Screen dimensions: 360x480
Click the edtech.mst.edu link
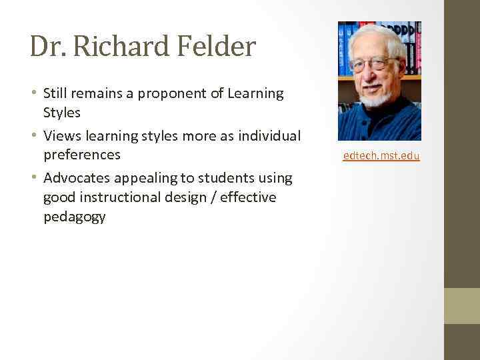click(381, 156)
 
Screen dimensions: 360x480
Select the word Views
click(63, 136)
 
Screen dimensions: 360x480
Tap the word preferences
click(82, 155)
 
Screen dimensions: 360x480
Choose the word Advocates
click(79, 178)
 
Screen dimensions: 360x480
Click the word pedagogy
click(75, 217)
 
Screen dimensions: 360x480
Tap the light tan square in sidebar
click(462, 305)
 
